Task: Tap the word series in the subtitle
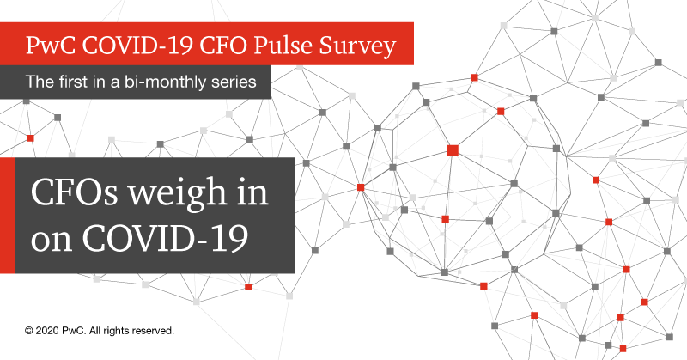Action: pos(232,83)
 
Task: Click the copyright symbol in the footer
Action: pos(28,330)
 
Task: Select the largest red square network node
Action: pos(453,150)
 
